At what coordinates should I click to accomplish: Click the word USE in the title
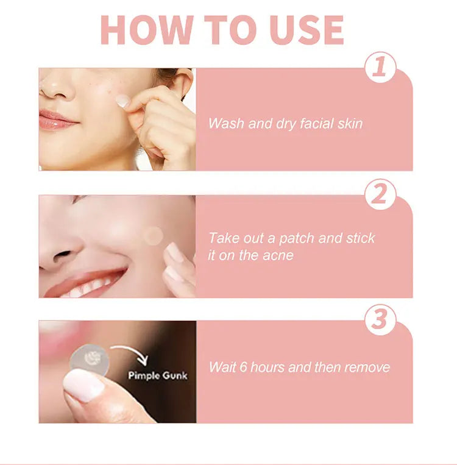(308, 30)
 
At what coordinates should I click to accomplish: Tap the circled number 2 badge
(380, 194)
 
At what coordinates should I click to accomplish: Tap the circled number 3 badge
(380, 320)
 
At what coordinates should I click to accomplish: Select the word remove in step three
(367, 367)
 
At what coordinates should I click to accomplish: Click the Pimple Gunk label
(158, 375)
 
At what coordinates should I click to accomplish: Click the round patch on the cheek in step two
(154, 235)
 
